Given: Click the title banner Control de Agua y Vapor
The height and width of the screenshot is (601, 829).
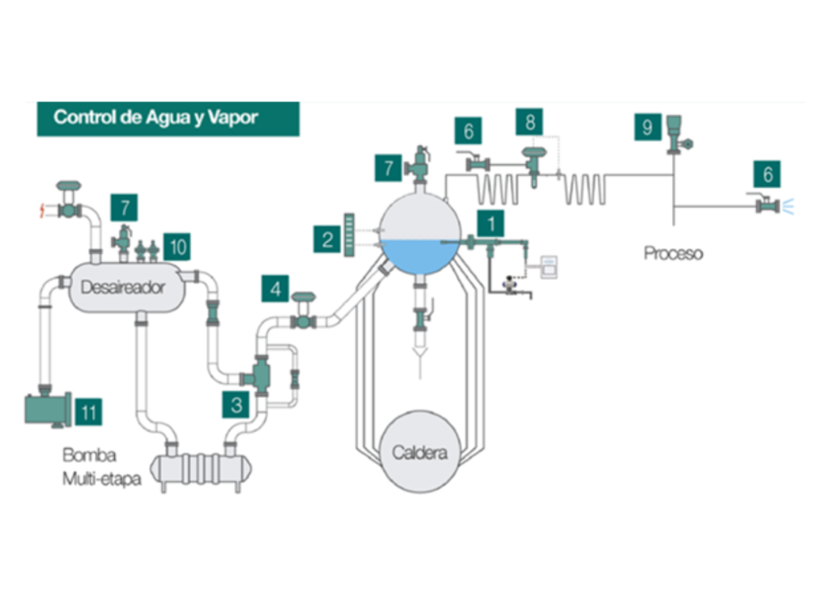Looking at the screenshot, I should point(168,118).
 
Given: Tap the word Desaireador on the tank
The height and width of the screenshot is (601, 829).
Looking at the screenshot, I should point(123,286).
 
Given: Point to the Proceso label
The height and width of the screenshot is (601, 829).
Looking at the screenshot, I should point(673,253).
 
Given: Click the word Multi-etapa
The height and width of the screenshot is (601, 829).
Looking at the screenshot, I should point(101,479).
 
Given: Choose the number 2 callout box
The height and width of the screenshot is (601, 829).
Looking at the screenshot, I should point(327,239).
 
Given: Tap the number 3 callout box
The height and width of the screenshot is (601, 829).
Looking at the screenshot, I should point(236,404).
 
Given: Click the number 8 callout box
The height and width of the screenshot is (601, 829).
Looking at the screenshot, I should point(530,123).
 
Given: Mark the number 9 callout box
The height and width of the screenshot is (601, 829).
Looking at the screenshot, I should point(647,128).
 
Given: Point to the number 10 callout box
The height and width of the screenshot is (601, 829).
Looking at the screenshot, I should point(176,246).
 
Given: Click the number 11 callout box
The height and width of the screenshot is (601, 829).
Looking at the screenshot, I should point(89,413).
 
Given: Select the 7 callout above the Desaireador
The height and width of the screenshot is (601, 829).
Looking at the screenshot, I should point(125,209).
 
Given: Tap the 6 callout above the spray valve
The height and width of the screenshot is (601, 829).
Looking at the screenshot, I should point(767,173).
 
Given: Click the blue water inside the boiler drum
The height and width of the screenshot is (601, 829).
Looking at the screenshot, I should point(419,256).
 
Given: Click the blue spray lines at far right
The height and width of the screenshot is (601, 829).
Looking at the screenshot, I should point(789,207).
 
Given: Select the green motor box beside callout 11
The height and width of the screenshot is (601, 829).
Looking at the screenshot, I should point(47,408).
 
